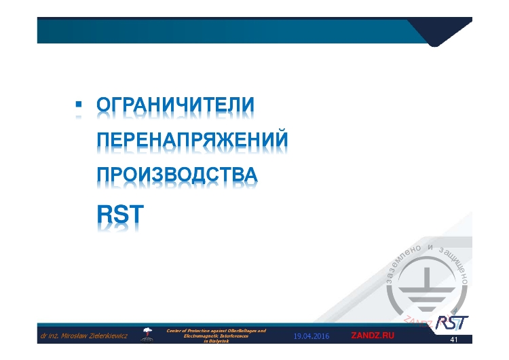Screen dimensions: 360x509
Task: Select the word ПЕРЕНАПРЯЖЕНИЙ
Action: (192, 141)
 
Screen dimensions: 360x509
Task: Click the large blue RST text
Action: (120, 214)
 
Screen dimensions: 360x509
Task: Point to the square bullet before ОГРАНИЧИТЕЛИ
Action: (77, 105)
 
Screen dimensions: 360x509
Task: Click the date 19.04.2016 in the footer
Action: (312, 336)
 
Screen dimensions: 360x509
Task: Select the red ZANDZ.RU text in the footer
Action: (372, 336)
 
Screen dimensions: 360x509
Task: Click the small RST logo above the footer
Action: (451, 321)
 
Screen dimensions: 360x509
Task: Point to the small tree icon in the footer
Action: (147, 334)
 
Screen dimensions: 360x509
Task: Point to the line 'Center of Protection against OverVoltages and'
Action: (216, 330)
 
